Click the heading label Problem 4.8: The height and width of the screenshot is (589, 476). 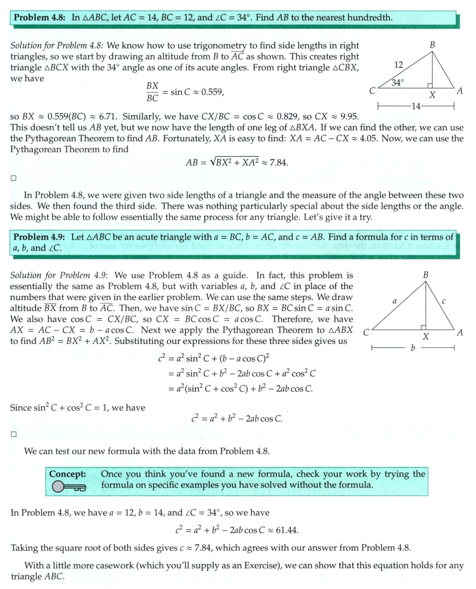(39, 18)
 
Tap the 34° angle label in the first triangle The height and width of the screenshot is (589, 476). (398, 83)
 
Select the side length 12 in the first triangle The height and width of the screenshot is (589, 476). (398, 64)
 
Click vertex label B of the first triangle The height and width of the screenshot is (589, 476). (432, 45)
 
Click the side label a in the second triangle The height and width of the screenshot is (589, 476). (395, 300)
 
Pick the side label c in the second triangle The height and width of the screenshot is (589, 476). (444, 300)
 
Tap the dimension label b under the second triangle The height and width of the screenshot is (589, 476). (413, 349)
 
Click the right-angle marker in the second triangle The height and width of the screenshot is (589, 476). (423, 327)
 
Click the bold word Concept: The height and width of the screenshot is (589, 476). (67, 474)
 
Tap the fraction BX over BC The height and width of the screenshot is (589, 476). (152, 92)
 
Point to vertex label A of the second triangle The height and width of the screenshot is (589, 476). (460, 333)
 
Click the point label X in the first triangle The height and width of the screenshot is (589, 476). (432, 96)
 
